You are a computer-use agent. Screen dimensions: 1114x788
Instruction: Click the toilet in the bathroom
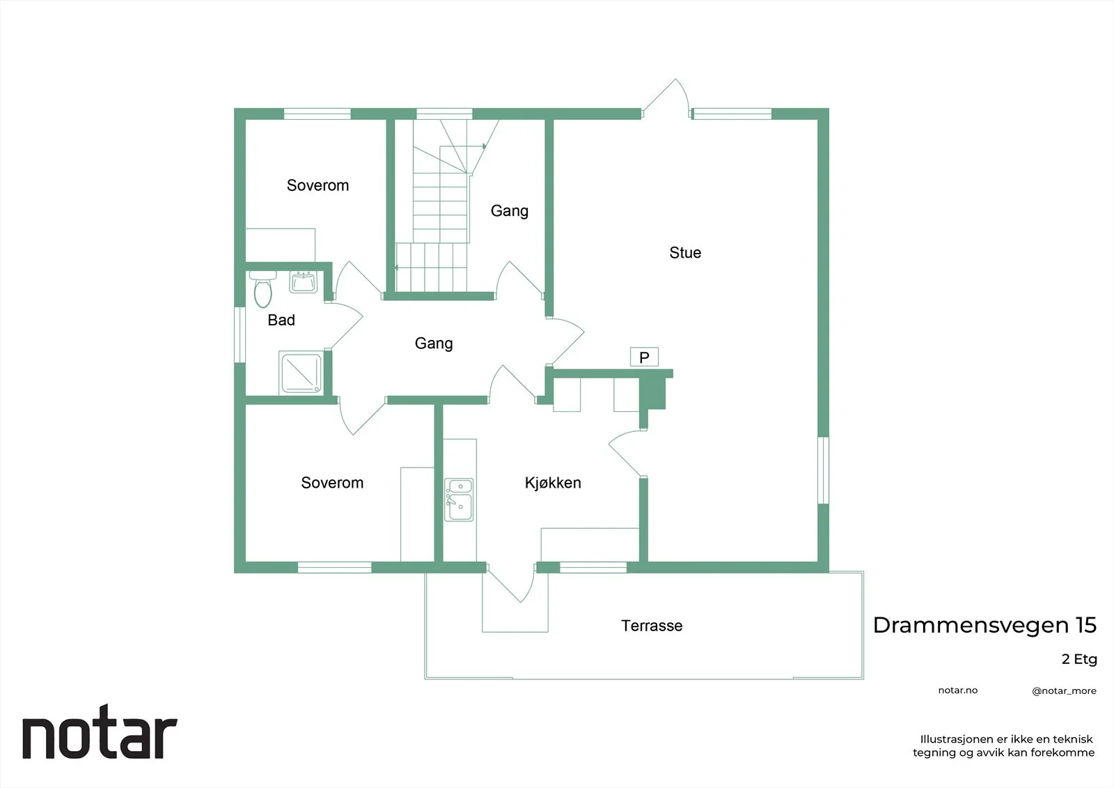[x=262, y=289]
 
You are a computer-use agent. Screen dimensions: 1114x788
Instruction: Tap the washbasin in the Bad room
[x=304, y=281]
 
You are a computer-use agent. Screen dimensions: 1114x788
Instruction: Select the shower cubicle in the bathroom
[x=301, y=373]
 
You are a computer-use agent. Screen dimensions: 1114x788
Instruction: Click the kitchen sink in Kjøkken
[x=459, y=500]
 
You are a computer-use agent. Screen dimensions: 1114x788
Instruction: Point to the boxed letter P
[x=644, y=357]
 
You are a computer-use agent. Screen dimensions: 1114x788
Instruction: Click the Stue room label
[x=685, y=253]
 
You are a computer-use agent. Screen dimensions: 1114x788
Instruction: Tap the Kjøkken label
[x=553, y=482]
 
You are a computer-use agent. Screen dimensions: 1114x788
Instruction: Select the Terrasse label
[x=652, y=626]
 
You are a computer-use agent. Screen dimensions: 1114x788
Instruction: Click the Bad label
[x=281, y=320]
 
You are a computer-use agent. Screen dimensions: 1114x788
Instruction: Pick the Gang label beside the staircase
[x=509, y=210]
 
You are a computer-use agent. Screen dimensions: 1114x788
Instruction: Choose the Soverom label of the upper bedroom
[x=317, y=185]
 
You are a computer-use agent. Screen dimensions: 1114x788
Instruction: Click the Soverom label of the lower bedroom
[x=331, y=482]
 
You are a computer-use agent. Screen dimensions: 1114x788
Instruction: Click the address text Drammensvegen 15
[x=984, y=625]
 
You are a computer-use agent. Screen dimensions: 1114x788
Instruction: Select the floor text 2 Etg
[x=1079, y=659]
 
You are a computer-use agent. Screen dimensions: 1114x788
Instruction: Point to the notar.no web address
[x=958, y=690]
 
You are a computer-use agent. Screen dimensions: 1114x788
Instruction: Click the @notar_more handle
[x=1064, y=691]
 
